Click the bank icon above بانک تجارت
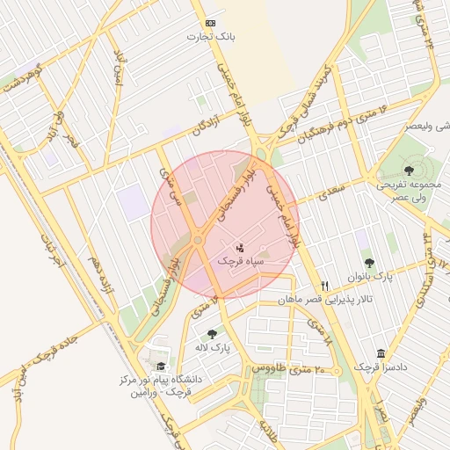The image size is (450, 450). click(210, 23)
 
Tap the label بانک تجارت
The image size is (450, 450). click(210, 37)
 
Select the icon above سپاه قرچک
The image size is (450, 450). click(240, 249)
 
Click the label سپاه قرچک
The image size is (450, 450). click(240, 262)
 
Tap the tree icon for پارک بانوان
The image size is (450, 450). click(369, 262)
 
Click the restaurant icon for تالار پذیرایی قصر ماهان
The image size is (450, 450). click(325, 286)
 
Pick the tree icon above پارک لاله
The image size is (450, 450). click(212, 334)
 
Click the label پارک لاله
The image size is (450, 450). click(212, 348)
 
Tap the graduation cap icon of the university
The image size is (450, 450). click(160, 367)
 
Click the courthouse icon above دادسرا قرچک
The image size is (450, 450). click(381, 352)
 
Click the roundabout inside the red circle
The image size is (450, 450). click(199, 240)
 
